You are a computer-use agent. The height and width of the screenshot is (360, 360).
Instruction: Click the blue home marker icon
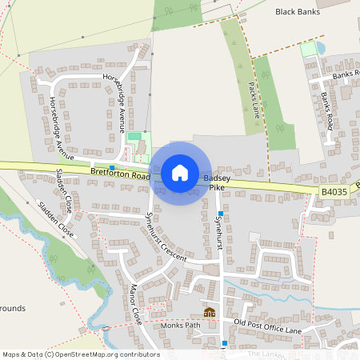180,173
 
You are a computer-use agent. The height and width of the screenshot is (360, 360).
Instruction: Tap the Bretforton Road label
120,173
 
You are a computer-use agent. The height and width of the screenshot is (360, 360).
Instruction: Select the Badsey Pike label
217,182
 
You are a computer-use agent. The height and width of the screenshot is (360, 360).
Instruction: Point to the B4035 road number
335,192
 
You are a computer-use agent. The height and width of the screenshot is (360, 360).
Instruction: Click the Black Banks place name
297,12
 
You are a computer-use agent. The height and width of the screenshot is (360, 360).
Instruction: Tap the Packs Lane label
254,95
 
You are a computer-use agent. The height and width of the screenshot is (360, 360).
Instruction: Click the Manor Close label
135,303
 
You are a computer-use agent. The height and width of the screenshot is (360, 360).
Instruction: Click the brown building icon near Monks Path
210,312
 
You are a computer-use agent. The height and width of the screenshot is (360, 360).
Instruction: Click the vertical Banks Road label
326,110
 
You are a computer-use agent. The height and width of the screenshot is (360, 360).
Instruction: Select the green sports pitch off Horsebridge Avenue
134,137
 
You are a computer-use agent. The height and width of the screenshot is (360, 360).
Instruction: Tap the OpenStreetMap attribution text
81,354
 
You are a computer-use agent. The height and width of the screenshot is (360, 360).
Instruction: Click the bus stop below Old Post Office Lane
224,342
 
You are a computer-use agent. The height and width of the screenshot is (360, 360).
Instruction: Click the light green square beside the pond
308,49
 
